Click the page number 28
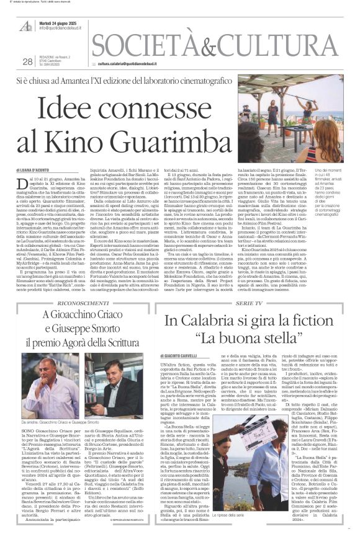27,61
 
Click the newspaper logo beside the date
26,24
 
